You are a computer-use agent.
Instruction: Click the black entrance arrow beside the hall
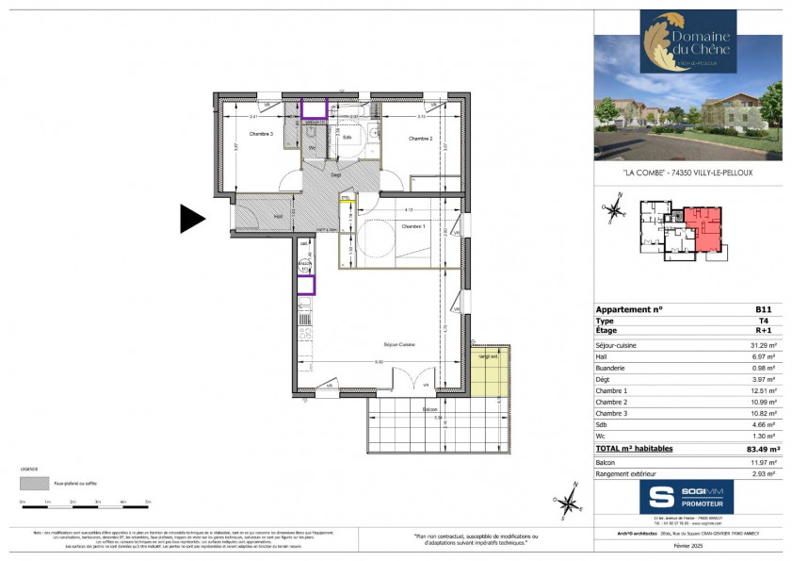point(192,219)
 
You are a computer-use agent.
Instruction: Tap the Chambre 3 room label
point(261,135)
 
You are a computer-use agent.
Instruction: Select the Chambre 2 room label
point(420,139)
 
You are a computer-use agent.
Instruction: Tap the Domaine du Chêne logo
point(674,41)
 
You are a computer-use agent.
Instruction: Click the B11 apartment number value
point(764,309)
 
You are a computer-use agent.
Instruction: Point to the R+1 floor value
point(764,332)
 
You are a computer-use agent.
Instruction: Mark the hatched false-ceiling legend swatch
point(34,482)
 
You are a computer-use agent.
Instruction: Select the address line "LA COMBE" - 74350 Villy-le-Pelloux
point(688,173)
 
